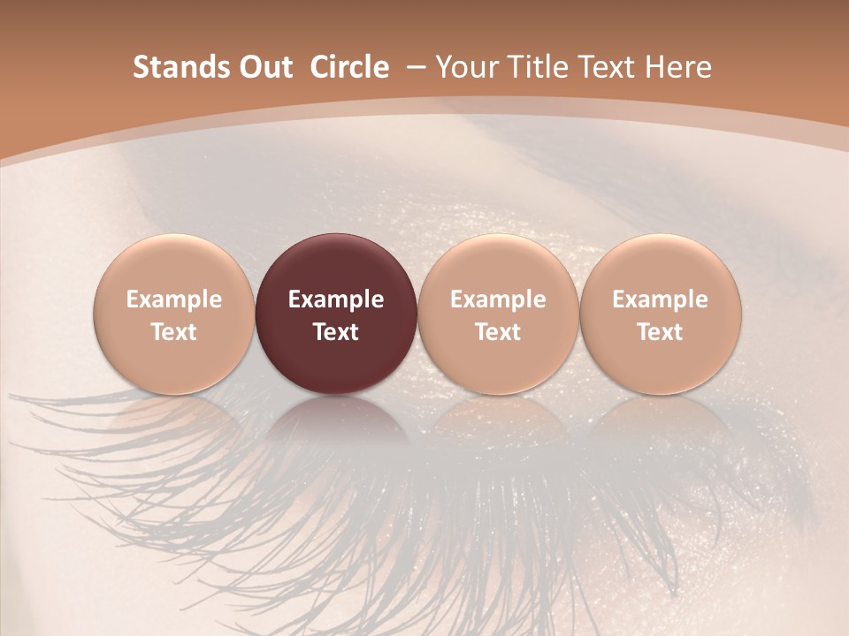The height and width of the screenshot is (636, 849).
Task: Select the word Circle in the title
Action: [x=349, y=67]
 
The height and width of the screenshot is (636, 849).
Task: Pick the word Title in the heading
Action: [x=535, y=67]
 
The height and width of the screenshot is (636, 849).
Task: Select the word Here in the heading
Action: [x=677, y=67]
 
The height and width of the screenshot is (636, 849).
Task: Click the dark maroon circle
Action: [x=336, y=314]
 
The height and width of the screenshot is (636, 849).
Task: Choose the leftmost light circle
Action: [x=174, y=314]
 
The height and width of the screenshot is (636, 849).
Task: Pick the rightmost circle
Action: [x=661, y=314]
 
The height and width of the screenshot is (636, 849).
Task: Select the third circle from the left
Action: [x=498, y=314]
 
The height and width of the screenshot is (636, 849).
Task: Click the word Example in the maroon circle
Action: [x=336, y=299]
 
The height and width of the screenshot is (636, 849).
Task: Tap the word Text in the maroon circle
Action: [x=336, y=332]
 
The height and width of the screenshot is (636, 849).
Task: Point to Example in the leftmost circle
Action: [x=174, y=299]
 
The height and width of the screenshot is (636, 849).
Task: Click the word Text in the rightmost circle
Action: [x=661, y=332]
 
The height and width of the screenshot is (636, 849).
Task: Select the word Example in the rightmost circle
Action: [x=661, y=299]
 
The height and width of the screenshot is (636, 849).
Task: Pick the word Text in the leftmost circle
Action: [x=174, y=332]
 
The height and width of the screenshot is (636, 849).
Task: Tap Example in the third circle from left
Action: [x=498, y=299]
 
